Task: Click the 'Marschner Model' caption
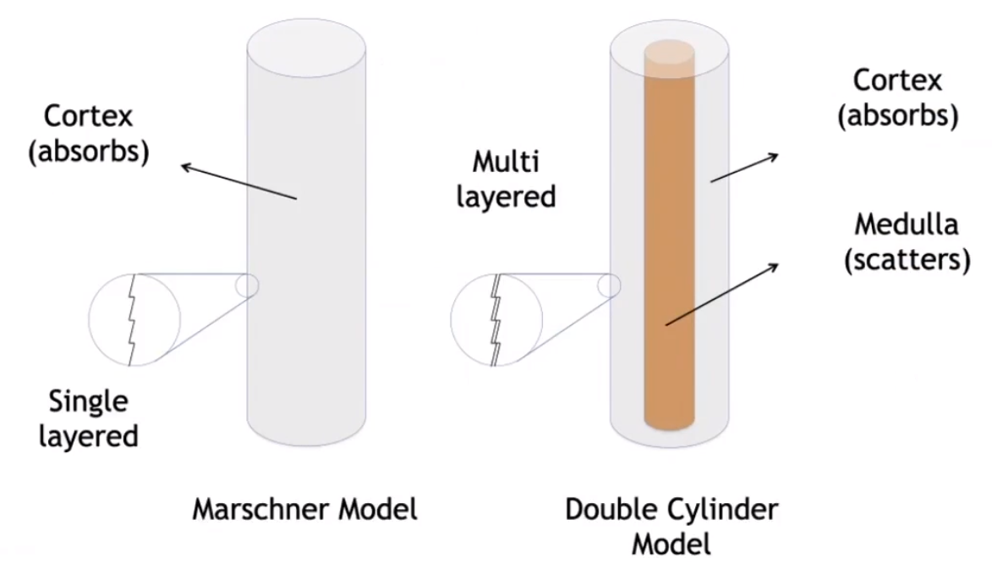click(x=304, y=510)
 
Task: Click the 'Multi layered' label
click(x=506, y=179)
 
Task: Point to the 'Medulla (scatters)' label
click(x=906, y=242)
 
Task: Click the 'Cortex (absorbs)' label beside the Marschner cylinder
click(x=96, y=133)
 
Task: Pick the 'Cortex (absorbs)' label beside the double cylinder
click(x=897, y=98)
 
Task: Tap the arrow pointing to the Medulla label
click(x=721, y=293)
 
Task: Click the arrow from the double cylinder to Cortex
click(x=743, y=167)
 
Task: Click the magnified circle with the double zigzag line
click(x=496, y=320)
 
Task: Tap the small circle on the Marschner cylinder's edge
click(x=248, y=285)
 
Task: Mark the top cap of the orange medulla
click(x=670, y=48)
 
